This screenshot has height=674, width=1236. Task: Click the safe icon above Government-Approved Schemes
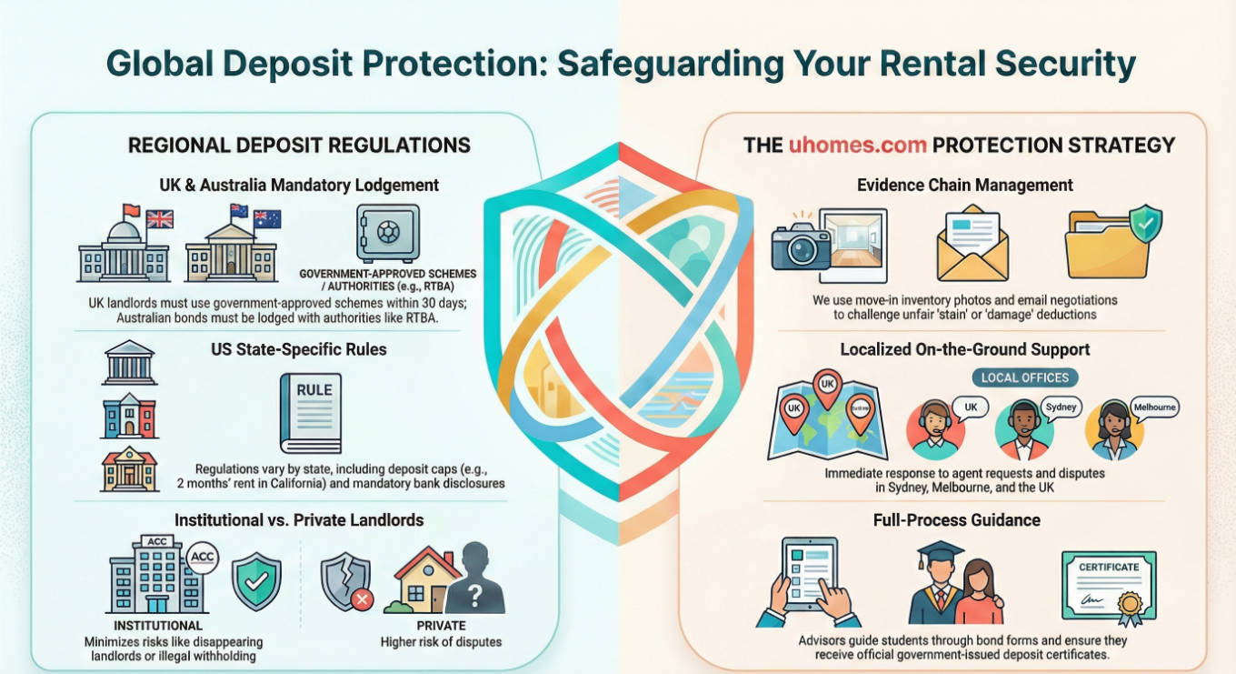(388, 233)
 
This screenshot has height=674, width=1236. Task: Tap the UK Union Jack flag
(160, 219)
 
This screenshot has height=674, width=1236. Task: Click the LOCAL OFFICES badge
(1025, 377)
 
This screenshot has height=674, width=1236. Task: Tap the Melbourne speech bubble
(1153, 408)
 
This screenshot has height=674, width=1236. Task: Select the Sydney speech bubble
(1060, 407)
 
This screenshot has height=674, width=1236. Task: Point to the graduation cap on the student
(936, 554)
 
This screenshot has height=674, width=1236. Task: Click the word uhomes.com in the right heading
(857, 145)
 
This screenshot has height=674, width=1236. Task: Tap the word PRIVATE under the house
(441, 626)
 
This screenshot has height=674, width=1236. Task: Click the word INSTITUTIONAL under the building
(158, 626)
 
